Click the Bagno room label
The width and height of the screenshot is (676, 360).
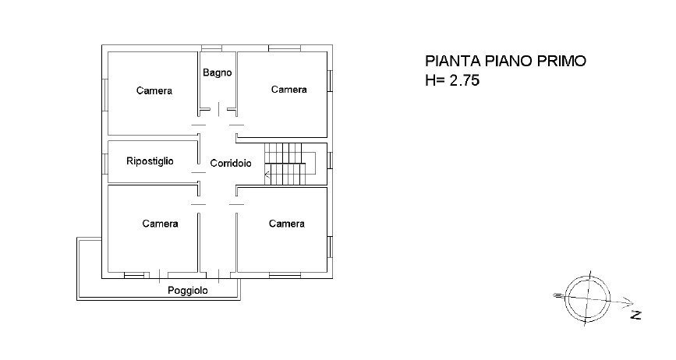coord(218,72)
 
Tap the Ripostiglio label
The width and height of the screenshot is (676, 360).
coord(150,161)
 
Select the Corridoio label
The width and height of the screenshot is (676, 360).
coord(231,163)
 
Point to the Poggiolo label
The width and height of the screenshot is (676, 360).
coord(188,291)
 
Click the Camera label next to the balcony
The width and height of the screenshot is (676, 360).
coord(160,224)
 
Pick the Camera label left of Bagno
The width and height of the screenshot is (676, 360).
coord(154,90)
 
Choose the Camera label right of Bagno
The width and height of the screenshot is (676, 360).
coord(288,90)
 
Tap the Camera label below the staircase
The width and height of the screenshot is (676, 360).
coord(287,224)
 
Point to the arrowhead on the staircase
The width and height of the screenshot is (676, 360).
coord(267,175)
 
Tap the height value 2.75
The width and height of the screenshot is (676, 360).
coord(465,80)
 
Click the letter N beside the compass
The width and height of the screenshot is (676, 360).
coord(636,315)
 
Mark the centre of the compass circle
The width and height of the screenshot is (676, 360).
coord(588,298)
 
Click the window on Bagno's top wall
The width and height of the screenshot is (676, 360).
coord(211,48)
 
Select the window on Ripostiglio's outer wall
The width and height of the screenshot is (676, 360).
coord(104,164)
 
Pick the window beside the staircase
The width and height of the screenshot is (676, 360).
coord(330,160)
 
